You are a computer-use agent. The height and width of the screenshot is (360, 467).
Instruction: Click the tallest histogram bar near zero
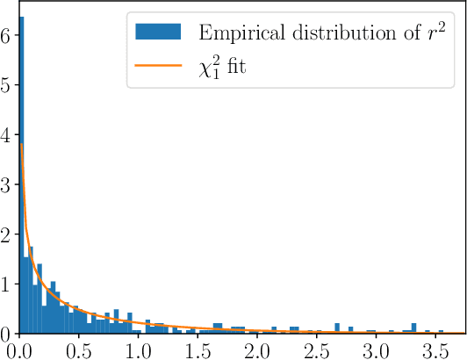click(x=21, y=176)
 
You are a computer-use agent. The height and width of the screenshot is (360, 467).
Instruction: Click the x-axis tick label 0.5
click(x=78, y=349)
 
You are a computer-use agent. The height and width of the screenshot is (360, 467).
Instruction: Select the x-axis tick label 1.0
click(x=138, y=349)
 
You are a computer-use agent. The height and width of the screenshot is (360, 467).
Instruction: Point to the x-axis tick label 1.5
click(x=198, y=349)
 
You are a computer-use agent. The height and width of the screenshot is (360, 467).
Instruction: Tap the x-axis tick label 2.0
click(x=257, y=349)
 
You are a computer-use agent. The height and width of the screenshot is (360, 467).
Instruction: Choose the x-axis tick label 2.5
click(x=317, y=349)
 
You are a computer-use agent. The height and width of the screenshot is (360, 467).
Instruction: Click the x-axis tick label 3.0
click(x=377, y=349)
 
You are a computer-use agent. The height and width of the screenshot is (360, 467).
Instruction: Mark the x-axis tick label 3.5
click(x=436, y=349)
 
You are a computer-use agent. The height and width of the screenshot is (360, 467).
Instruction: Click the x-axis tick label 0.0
click(x=18, y=349)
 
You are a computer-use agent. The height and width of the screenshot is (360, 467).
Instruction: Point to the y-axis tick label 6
click(x=6, y=37)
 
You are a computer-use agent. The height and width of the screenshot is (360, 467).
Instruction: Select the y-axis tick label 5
click(x=6, y=86)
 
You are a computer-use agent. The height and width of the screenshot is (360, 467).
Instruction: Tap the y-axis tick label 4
click(x=6, y=136)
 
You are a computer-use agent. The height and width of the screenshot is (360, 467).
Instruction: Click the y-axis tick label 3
click(x=6, y=185)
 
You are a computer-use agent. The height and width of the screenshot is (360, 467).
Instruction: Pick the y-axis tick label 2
click(x=6, y=235)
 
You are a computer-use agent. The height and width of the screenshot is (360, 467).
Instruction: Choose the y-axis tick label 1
click(x=6, y=284)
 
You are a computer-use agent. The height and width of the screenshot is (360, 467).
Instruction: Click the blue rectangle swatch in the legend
click(x=158, y=32)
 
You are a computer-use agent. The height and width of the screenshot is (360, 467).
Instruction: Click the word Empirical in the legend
click(x=234, y=32)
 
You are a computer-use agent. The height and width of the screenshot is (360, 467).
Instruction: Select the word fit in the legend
click(x=234, y=65)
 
